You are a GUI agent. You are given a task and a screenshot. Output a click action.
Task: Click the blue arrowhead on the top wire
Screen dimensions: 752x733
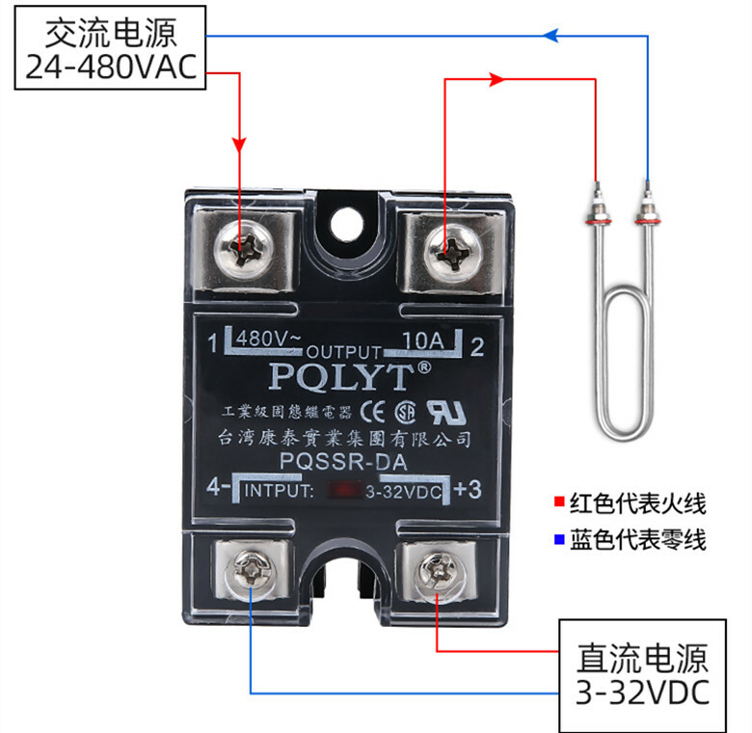point(551,36)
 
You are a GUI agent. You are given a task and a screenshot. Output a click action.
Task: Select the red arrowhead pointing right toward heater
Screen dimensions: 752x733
point(497,80)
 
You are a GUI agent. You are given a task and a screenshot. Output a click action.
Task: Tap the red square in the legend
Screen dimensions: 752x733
point(558,503)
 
